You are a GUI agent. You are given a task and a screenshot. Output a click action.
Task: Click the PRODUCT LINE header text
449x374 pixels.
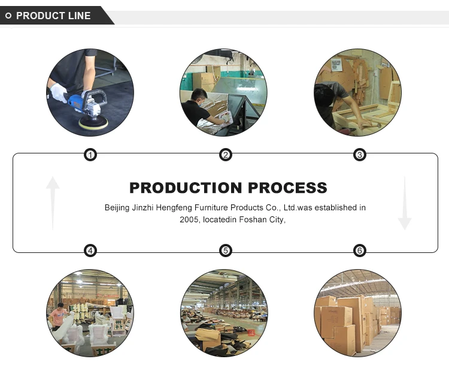tap(53, 16)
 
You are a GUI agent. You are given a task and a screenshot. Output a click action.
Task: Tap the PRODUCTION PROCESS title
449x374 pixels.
tap(228, 188)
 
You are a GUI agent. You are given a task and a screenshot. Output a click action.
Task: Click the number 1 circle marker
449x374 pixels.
tap(90, 155)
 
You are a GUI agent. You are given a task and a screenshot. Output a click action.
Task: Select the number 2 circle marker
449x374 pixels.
tap(225, 155)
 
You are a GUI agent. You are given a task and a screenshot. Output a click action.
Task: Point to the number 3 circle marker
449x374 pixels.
tap(360, 155)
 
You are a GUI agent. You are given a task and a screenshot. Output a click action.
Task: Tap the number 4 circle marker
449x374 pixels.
tap(90, 251)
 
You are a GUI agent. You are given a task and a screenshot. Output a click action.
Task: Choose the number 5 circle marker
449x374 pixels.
tap(225, 251)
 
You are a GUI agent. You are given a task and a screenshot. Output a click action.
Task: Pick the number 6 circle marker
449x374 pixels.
tap(360, 251)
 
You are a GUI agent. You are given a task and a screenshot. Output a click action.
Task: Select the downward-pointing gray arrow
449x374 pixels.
tap(405, 203)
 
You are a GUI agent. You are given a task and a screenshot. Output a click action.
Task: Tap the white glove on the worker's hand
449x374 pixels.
tap(58, 92)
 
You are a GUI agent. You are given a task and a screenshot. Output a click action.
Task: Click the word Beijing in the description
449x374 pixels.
tap(117, 207)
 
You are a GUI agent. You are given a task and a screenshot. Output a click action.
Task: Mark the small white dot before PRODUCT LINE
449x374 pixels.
tap(8, 16)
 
